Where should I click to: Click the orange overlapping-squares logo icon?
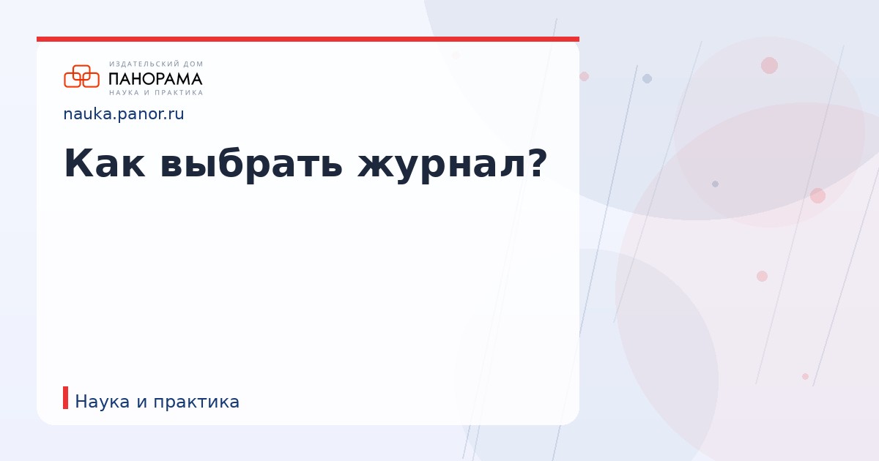[81, 76]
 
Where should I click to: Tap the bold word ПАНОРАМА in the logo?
[155, 78]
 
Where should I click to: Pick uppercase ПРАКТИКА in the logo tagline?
[179, 93]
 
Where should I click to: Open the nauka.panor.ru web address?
[124, 114]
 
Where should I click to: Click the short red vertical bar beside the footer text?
[66, 398]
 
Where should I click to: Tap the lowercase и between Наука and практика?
[142, 402]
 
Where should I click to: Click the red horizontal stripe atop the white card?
[308, 39]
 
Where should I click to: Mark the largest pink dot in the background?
[769, 65]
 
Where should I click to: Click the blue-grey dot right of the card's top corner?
[647, 78]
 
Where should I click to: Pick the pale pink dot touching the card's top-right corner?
[584, 76]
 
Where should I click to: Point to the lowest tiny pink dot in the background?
[805, 376]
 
